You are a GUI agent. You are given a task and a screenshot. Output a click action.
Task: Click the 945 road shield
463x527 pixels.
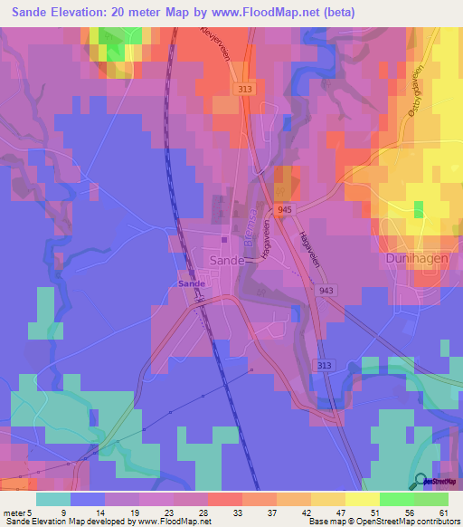[x=285, y=209]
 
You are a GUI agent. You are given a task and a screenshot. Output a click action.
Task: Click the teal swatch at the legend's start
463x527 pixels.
[x=52, y=499]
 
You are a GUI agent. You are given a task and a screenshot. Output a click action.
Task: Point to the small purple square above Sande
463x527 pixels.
[x=224, y=240]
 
